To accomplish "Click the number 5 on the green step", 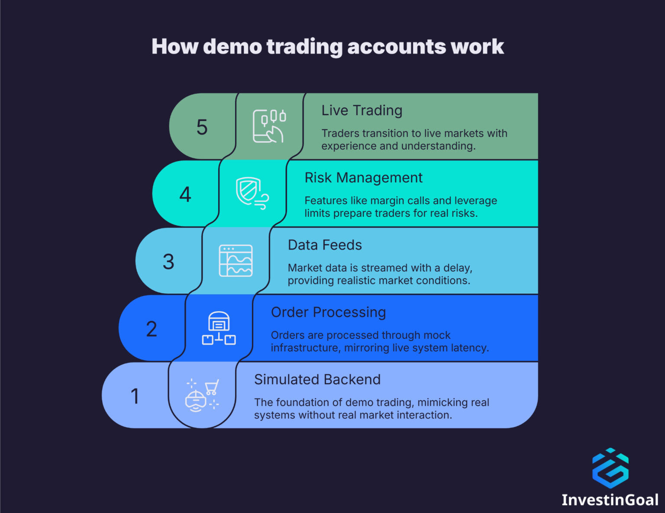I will pyautogui.click(x=202, y=127).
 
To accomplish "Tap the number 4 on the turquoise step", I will pyautogui.click(x=185, y=195).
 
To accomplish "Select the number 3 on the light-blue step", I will pyautogui.click(x=168, y=262).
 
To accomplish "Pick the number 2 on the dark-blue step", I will pyautogui.click(x=152, y=329).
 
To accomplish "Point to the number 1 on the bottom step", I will pyautogui.click(x=135, y=396).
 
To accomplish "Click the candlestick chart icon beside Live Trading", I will pyautogui.click(x=269, y=126).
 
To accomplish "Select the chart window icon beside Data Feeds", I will pyautogui.click(x=236, y=261).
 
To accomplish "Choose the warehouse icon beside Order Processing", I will pyautogui.click(x=219, y=328).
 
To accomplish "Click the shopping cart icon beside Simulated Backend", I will pyautogui.click(x=212, y=387).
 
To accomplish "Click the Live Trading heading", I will pyautogui.click(x=362, y=111).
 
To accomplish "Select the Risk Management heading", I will pyautogui.click(x=363, y=178).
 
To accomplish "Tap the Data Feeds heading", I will pyautogui.click(x=325, y=245).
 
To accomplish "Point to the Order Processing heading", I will pyautogui.click(x=328, y=312).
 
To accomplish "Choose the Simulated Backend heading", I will pyautogui.click(x=317, y=379).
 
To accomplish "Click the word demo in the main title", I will pyautogui.click(x=232, y=47).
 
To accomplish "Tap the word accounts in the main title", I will pyautogui.click(x=396, y=47).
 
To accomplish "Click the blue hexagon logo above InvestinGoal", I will pyautogui.click(x=610, y=468).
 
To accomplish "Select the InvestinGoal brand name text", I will pyautogui.click(x=610, y=500).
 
